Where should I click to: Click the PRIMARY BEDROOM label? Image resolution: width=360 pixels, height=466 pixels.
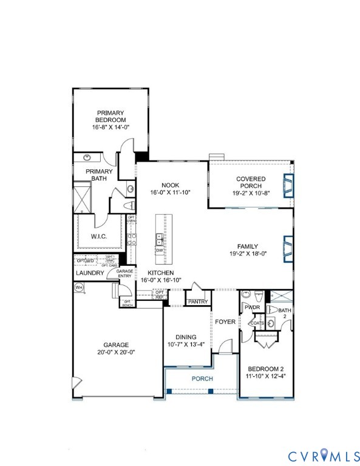click(110, 116)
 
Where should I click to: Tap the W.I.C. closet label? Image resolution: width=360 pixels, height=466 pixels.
click(99, 236)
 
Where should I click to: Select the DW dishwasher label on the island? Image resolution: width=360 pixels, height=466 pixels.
click(160, 250)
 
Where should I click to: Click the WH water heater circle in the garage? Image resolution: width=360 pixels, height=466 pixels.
click(78, 289)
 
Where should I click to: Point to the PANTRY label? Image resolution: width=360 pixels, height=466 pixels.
click(198, 302)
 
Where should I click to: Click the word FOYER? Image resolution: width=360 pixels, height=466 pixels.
click(225, 322)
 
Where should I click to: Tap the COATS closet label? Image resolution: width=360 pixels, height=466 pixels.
click(257, 323)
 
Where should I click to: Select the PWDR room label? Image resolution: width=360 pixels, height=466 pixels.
click(252, 308)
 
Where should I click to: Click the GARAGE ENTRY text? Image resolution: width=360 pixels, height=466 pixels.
click(124, 274)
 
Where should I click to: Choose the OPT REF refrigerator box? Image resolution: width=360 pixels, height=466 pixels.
click(160, 294)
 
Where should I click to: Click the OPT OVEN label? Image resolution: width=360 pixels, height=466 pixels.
click(131, 219)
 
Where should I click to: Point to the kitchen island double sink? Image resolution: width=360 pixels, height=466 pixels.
click(159, 238)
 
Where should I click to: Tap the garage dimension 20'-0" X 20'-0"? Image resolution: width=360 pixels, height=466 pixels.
click(115, 352)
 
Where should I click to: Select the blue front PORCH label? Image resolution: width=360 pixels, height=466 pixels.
click(202, 379)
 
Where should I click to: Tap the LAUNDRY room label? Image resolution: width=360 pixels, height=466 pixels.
click(90, 273)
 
